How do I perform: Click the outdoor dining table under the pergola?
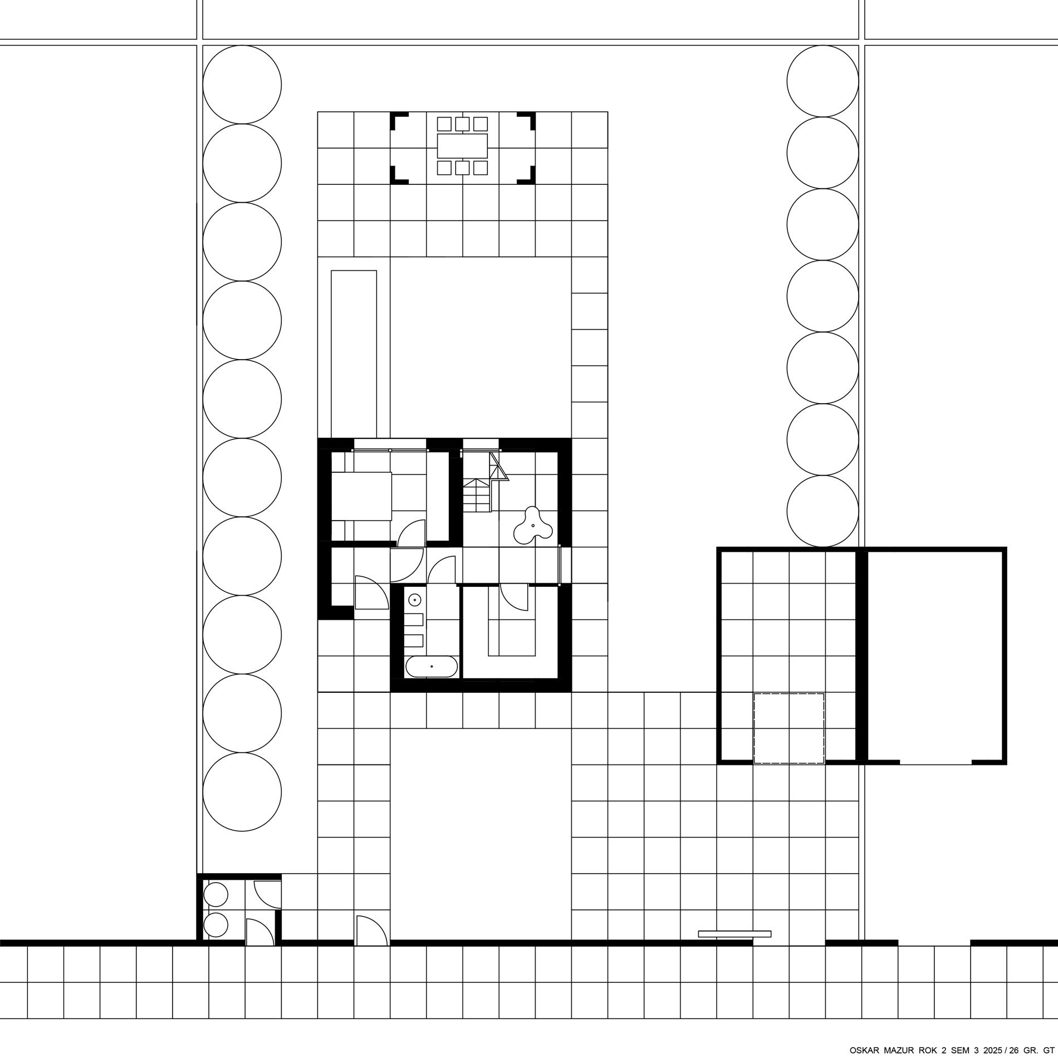[462, 146]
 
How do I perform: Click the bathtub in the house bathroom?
[432, 667]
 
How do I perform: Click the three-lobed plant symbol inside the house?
[532, 525]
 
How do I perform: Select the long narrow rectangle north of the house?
[354, 354]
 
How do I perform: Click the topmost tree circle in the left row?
[242, 85]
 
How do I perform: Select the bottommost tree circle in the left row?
[242, 792]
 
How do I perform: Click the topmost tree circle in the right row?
[822, 81]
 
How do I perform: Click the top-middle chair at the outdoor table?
[462, 124]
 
